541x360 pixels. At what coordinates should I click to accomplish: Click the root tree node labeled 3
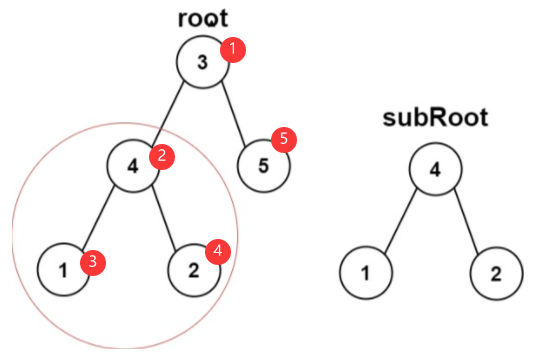(x=203, y=62)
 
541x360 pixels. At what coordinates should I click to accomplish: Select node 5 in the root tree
(x=264, y=166)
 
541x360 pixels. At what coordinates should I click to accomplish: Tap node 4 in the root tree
(x=134, y=166)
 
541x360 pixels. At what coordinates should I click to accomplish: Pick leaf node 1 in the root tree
(x=63, y=270)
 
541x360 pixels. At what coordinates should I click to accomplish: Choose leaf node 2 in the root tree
(x=194, y=270)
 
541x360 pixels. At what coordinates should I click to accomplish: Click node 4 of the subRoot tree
(x=435, y=169)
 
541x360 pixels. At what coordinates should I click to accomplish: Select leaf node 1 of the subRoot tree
(x=366, y=273)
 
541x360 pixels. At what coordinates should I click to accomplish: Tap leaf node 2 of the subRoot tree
(x=496, y=274)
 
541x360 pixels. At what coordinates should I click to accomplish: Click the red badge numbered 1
(x=233, y=50)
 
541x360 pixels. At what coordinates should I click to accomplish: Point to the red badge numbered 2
(x=162, y=157)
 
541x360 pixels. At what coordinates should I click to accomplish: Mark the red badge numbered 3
(x=93, y=263)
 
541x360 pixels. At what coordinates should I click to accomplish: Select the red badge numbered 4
(x=218, y=252)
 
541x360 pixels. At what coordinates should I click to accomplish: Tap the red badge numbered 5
(x=284, y=140)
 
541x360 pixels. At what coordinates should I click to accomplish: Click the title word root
(x=203, y=18)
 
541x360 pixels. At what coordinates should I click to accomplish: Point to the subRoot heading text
(x=435, y=117)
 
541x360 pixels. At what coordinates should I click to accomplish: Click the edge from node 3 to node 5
(x=233, y=114)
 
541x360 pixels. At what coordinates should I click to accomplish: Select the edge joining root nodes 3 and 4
(x=167, y=113)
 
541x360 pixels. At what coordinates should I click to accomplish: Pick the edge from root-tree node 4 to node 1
(x=98, y=217)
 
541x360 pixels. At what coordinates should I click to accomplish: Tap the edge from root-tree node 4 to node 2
(x=164, y=218)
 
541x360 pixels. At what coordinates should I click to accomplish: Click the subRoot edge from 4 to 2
(x=466, y=221)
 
